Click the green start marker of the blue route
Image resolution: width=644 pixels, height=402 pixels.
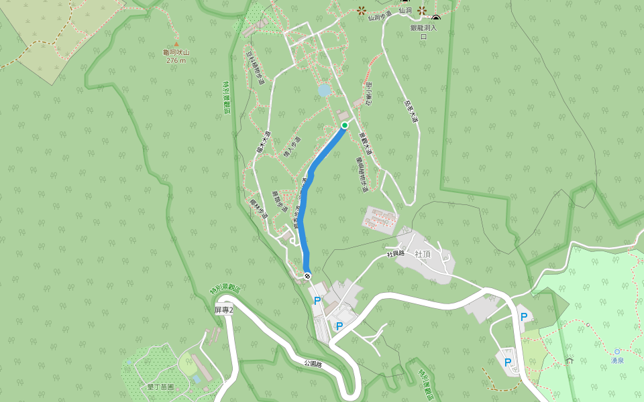coord(345,125)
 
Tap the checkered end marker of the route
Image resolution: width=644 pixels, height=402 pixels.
coord(307,276)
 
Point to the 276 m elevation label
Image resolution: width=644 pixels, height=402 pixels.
coord(176,61)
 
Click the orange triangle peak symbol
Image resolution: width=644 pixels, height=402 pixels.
coord(176,44)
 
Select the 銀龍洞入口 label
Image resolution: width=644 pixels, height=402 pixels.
coord(423,32)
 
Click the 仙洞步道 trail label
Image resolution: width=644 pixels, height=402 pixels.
coord(379,17)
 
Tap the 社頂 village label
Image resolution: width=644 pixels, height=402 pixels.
coord(423,254)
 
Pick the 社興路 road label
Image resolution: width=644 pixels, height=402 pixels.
coord(396,254)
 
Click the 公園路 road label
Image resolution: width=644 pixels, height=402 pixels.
coord(313,363)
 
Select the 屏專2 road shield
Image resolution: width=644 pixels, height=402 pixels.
coord(223,310)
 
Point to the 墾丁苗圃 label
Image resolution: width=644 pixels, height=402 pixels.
coord(160,387)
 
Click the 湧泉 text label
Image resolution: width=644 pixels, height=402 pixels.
coord(617,360)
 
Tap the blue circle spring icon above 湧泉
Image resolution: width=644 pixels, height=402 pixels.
coord(617,351)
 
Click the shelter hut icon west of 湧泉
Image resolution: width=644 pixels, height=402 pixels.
coord(570,360)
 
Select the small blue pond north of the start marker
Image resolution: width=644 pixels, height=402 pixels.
coord(325,90)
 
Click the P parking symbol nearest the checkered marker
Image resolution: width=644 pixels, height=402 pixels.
coord(317,301)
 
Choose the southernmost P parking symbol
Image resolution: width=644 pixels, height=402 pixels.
coord(508,362)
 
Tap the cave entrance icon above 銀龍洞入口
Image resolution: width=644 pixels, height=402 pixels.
coord(436,18)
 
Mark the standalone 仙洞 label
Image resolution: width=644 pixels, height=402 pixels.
coord(405,11)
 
